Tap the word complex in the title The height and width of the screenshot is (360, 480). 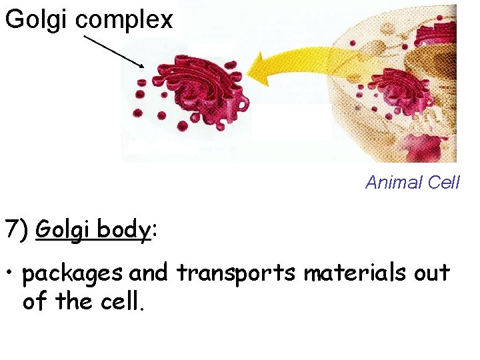(x=125, y=20)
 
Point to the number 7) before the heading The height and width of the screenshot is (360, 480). (x=17, y=230)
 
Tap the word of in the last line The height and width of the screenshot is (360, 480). (x=36, y=301)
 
